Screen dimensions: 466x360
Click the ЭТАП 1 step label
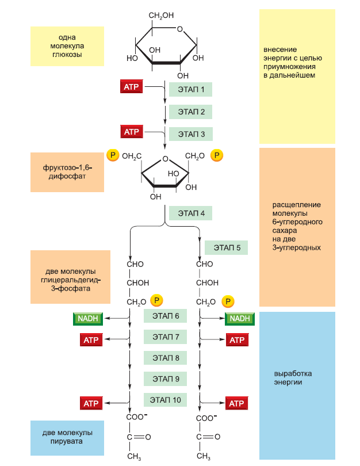(x=190, y=90)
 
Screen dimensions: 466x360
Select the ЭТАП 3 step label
(x=190, y=134)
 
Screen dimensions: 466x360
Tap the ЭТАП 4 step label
(x=190, y=213)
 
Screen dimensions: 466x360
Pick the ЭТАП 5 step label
(x=227, y=248)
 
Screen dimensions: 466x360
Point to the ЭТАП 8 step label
(x=166, y=358)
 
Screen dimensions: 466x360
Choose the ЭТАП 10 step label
(x=166, y=400)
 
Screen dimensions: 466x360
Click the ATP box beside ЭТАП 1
(x=131, y=87)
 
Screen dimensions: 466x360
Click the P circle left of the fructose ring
(x=112, y=156)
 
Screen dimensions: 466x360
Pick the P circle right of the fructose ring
(x=216, y=156)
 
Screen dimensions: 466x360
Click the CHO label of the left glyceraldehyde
(x=135, y=265)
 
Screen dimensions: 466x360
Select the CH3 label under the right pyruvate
(x=204, y=456)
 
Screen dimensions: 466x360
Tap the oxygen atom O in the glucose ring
(x=180, y=29)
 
